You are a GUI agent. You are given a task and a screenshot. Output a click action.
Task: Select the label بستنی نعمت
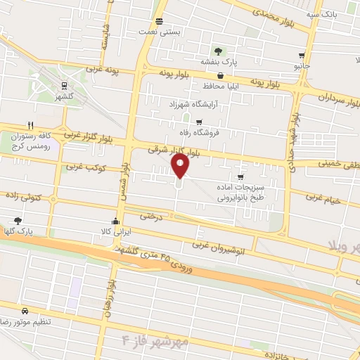[159, 32]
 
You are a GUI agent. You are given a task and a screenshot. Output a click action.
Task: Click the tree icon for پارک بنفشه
[219, 51]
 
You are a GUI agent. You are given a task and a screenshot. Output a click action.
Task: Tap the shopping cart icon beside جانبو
[302, 56]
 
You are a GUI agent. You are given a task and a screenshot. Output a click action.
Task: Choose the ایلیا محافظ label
[222, 86]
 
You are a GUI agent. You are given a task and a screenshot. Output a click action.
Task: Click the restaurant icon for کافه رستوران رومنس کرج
[30, 124]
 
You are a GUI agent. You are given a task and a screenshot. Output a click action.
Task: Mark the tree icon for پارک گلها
[18, 220]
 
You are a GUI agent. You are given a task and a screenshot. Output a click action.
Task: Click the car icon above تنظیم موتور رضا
[25, 310]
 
